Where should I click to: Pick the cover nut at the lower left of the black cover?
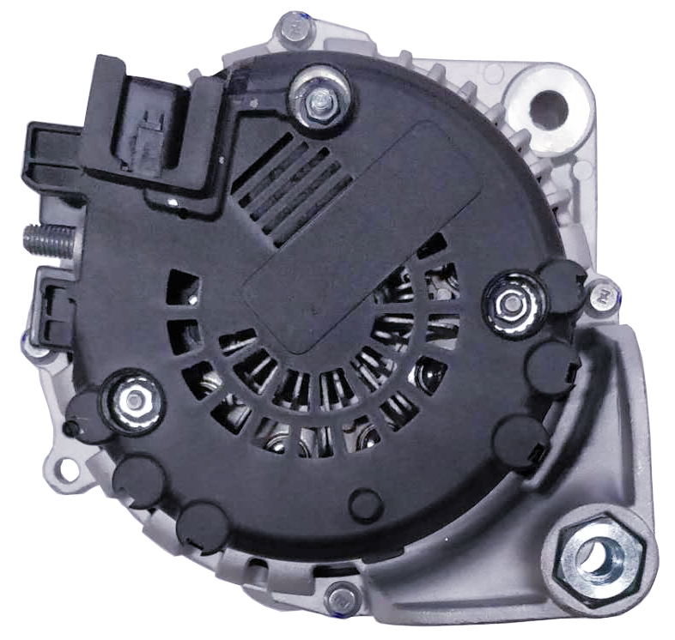click(x=133, y=399)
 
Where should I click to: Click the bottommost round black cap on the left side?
click(x=201, y=524)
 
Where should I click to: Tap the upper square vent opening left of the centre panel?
click(x=183, y=287)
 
